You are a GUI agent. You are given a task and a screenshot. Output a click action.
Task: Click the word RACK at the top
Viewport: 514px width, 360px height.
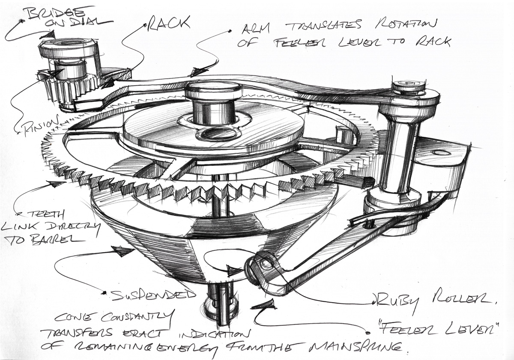169,24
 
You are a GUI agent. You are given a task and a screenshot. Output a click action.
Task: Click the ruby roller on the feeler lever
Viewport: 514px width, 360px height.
261,266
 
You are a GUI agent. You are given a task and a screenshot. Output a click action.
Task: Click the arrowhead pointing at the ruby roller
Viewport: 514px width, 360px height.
234,271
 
